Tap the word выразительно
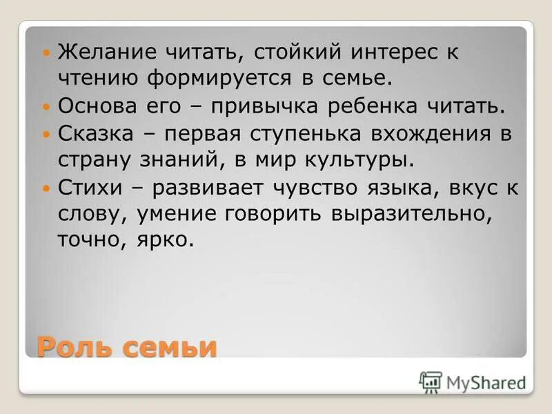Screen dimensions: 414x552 click(412, 213)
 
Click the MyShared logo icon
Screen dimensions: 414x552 click(430, 381)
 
